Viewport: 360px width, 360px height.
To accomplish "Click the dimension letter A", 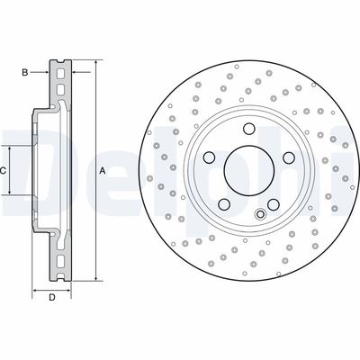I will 102,171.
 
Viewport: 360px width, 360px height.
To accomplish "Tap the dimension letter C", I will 4,170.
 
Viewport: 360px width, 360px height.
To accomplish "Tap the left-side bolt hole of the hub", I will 209,157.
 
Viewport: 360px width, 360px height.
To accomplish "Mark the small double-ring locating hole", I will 260,213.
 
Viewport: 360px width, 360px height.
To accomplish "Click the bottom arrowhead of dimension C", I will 12,193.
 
